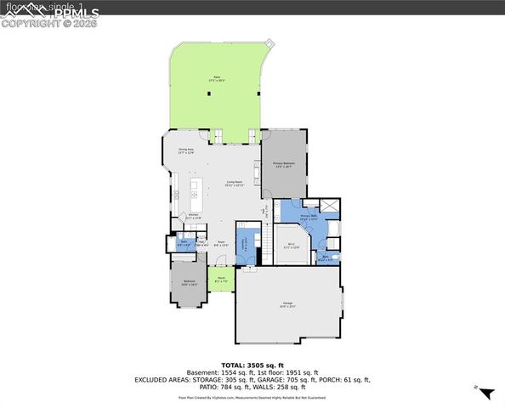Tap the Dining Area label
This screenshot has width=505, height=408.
186,152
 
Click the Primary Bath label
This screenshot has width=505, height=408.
309,218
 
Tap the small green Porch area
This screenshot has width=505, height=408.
220,280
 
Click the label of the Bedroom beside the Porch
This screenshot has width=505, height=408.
189,282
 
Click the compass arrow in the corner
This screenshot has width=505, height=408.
485,393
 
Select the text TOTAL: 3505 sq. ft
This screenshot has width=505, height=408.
252,363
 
